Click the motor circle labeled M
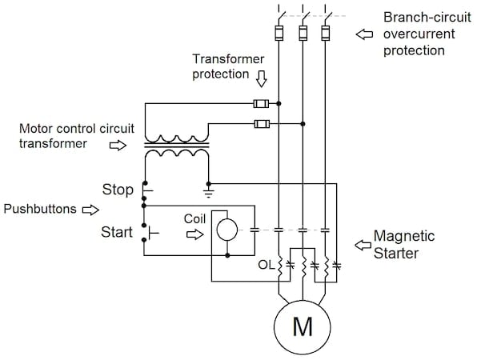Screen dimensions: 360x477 (303, 326)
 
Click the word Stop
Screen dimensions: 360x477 (118, 190)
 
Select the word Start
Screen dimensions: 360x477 (117, 233)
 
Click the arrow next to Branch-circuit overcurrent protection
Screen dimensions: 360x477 (365, 34)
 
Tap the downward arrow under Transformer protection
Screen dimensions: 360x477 (263, 80)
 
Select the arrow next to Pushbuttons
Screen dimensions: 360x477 (90, 210)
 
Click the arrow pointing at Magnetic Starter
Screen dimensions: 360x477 (362, 242)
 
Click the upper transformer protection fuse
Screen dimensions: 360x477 (260, 103)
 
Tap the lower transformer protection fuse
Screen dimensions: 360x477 (260, 123)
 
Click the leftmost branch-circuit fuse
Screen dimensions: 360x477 (279, 34)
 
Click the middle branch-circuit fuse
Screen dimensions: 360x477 (303, 34)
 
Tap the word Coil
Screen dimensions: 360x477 (194, 217)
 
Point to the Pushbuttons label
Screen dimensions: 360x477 (40, 210)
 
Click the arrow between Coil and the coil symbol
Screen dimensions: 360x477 (194, 234)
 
